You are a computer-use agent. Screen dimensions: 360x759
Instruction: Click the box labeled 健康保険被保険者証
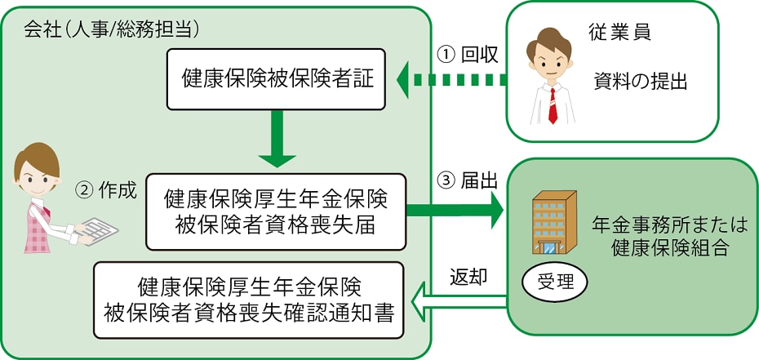coord(276,78)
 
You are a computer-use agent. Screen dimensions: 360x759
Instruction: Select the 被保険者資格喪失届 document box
coord(275,211)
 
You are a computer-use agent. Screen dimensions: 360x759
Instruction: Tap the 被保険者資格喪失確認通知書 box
coord(249,300)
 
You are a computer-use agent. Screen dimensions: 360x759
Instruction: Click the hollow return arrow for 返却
coord(457,305)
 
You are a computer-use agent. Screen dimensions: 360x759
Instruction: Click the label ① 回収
coord(468,54)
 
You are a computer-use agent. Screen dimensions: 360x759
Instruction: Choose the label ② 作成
coord(106,189)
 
